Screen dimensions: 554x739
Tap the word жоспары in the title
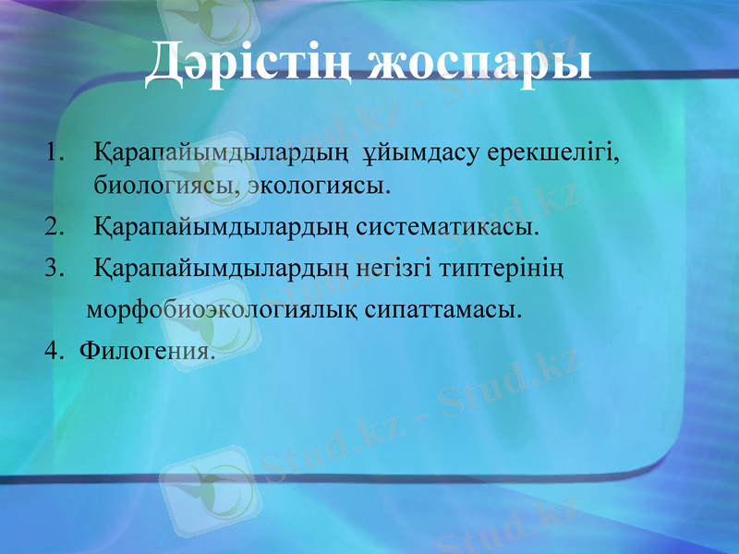(479, 65)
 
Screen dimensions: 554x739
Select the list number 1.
(54, 150)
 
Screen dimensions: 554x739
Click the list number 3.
(54, 269)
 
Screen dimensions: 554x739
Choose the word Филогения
(148, 350)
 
